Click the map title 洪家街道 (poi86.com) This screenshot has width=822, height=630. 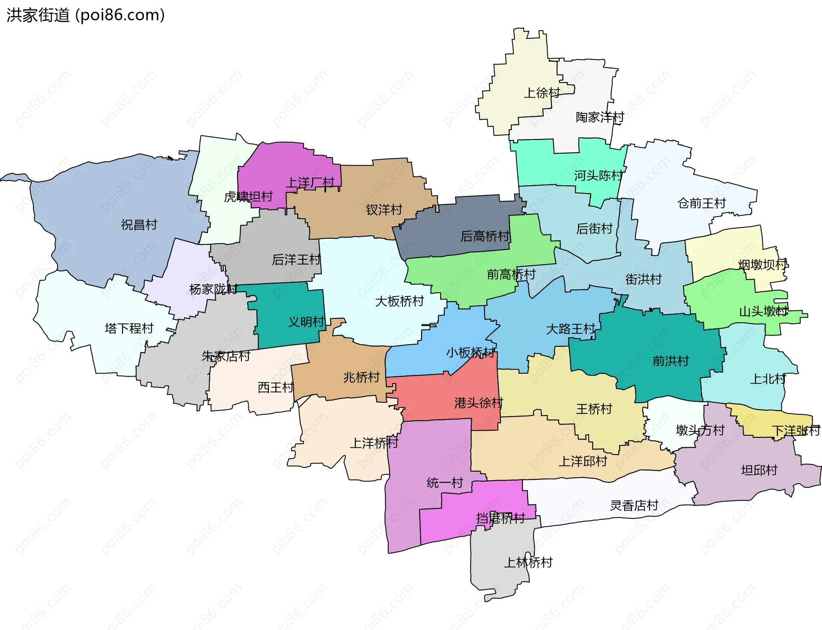click(x=86, y=15)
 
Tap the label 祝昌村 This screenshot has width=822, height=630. click(x=139, y=225)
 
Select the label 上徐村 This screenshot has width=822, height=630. click(x=542, y=93)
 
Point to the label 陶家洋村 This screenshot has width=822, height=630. click(x=600, y=117)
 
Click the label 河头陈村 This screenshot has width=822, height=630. click(x=598, y=175)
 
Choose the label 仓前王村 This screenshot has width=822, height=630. click(x=702, y=203)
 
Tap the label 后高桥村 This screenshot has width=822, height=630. click(x=485, y=236)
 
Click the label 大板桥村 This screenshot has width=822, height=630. click(x=399, y=301)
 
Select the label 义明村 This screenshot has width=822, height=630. click(x=306, y=322)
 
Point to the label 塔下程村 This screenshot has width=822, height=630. click(x=129, y=329)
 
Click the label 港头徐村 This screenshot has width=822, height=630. click(x=478, y=403)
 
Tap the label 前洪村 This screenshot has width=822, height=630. click(x=670, y=361)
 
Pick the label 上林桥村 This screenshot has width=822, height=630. click(x=528, y=562)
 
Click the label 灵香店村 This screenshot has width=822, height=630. click(x=634, y=506)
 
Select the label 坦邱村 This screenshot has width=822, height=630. click(x=759, y=470)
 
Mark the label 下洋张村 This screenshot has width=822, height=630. click(x=795, y=431)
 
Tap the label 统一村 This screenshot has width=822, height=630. click(x=445, y=483)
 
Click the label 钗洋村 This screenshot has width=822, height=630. click(x=384, y=210)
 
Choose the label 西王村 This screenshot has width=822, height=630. click(x=275, y=388)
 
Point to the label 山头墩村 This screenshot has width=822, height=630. click(x=763, y=312)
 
